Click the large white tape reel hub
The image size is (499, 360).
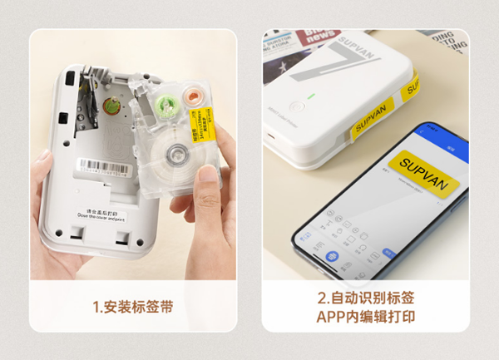point(177,151)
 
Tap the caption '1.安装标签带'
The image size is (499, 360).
point(133,308)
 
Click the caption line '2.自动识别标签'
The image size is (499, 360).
point(366,298)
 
